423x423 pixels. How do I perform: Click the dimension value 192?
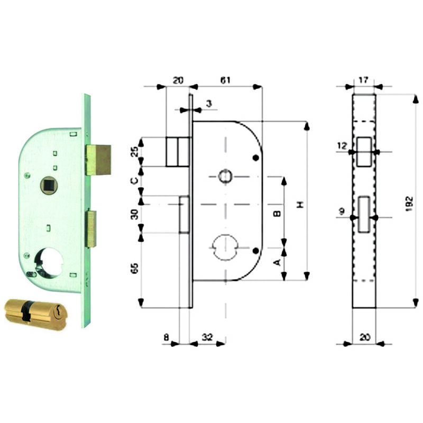(409, 204)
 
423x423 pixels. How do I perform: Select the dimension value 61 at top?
(225, 80)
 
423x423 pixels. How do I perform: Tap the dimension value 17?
(363, 80)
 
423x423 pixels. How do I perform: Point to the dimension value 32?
(207, 337)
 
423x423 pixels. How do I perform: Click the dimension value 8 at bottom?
(167, 337)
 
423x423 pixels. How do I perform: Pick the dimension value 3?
(209, 104)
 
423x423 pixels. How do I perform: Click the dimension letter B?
(277, 214)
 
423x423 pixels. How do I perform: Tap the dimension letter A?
(277, 262)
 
